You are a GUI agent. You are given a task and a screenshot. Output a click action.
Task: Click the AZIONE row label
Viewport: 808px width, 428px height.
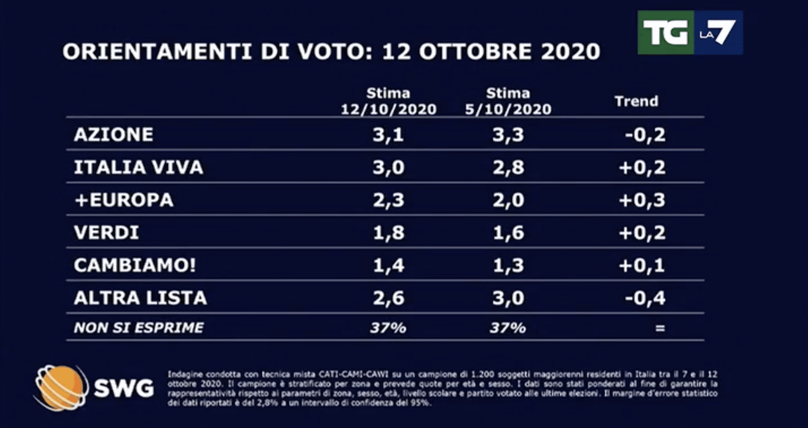(114, 135)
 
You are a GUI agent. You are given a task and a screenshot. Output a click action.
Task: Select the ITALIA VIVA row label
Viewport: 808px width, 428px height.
(138, 167)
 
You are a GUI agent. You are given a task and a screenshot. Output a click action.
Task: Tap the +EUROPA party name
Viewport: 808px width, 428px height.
(124, 200)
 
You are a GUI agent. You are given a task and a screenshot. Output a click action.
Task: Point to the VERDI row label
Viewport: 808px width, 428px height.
(106, 232)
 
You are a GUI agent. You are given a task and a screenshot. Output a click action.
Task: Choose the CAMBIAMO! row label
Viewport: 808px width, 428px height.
(135, 265)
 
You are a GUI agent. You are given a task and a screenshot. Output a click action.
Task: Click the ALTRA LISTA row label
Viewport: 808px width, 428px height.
(140, 298)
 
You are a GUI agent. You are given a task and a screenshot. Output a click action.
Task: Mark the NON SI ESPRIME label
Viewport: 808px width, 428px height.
(139, 328)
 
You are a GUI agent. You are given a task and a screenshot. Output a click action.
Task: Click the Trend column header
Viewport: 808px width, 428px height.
(636, 101)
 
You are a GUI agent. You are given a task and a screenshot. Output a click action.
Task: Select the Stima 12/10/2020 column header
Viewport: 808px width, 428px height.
(389, 101)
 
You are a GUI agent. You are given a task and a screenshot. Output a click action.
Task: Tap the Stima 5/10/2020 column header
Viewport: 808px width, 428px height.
(508, 101)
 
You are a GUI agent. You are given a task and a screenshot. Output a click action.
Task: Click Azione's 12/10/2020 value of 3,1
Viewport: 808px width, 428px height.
(389, 135)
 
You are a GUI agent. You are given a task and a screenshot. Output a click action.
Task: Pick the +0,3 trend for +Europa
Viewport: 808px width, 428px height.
(642, 200)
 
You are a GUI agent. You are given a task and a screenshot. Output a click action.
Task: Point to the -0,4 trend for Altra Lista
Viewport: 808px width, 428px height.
(645, 298)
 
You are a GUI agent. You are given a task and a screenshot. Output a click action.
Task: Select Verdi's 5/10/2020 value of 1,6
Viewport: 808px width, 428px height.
(508, 232)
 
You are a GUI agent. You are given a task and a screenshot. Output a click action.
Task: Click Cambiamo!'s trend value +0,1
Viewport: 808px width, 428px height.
(642, 265)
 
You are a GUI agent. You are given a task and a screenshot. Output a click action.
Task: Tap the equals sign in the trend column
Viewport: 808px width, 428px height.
(660, 328)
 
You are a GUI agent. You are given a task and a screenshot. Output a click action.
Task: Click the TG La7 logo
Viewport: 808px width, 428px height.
(690, 33)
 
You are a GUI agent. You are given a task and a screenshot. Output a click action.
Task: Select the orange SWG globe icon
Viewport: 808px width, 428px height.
(61, 388)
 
